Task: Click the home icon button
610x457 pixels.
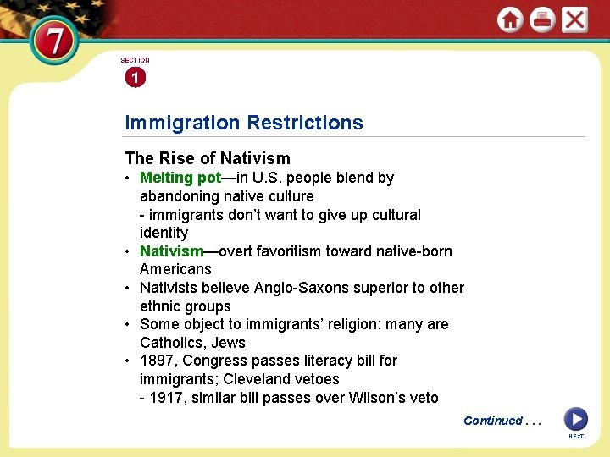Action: point(510,19)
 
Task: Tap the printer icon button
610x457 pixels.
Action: point(542,19)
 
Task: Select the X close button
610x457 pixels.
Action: point(574,19)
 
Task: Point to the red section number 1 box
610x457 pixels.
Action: point(135,78)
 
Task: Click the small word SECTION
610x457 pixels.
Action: point(135,60)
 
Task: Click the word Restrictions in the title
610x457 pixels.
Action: point(305,123)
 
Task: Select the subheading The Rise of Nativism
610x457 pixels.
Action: point(208,158)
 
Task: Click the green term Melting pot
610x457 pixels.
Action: point(180,178)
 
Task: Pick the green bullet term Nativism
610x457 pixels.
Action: point(171,251)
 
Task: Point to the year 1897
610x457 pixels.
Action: point(157,361)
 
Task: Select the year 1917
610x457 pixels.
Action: point(166,398)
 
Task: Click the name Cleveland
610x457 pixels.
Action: point(254,379)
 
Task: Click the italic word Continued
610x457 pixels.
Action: point(493,421)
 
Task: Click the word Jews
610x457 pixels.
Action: point(229,343)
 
